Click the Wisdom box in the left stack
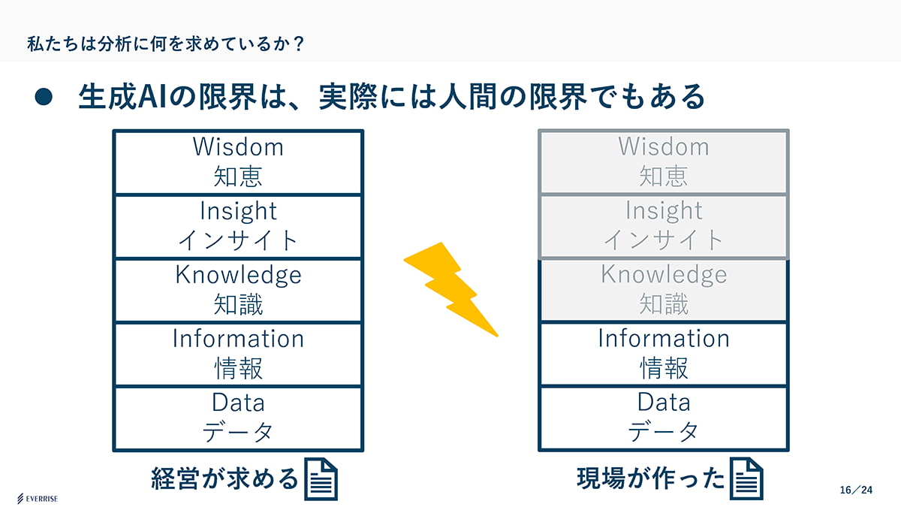pyautogui.click(x=238, y=161)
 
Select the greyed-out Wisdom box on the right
pyautogui.click(x=664, y=161)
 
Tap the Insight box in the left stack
pyautogui.click(x=238, y=225)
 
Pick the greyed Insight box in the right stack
pyautogui.click(x=664, y=225)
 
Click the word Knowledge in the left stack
pyautogui.click(x=238, y=275)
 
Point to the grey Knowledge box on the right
pyautogui.click(x=664, y=290)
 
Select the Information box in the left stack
pyautogui.click(x=238, y=354)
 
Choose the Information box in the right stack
pyautogui.click(x=664, y=354)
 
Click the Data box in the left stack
pyautogui.click(x=238, y=418)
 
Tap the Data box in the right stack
pyautogui.click(x=664, y=418)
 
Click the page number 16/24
pyautogui.click(x=857, y=490)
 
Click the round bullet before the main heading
pyautogui.click(x=44, y=98)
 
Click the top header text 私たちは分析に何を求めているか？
pyautogui.click(x=165, y=44)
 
